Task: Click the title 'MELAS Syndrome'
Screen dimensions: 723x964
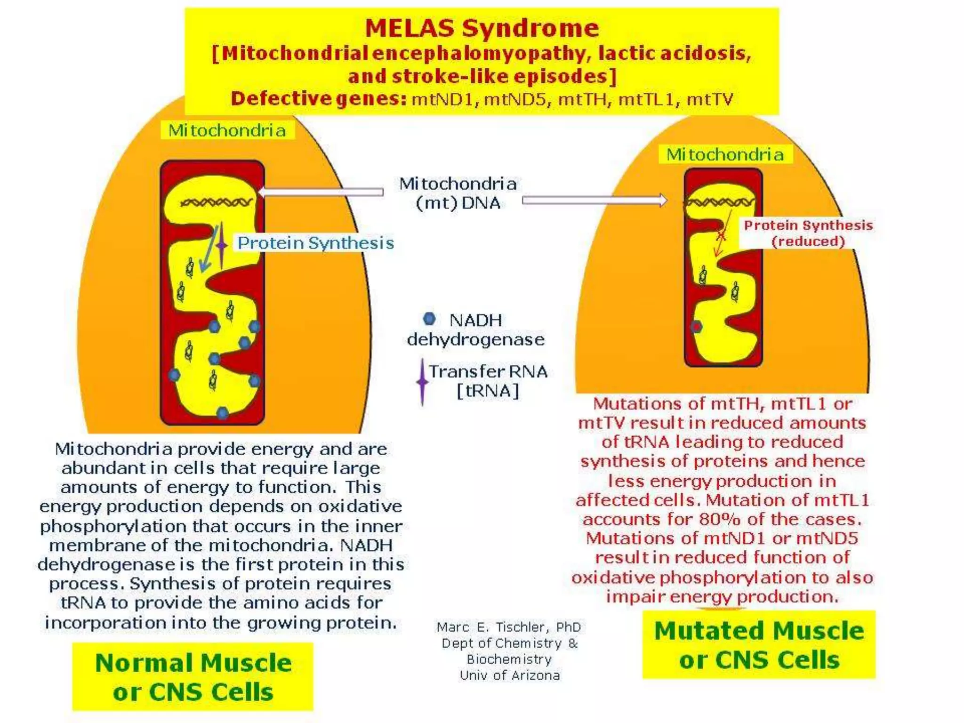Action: [482, 28]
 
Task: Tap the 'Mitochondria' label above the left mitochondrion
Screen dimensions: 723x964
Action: [227, 130]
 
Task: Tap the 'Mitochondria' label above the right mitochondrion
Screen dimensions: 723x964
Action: [725, 154]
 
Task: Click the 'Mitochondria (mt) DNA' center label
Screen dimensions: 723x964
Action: [458, 193]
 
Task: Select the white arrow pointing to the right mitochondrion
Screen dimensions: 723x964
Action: [594, 201]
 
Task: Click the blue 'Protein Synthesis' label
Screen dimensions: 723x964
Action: [315, 243]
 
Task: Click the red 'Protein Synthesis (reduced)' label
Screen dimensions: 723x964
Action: [808, 233]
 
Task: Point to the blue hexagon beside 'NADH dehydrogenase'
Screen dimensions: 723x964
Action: [429, 319]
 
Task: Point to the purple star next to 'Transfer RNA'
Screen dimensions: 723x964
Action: [422, 382]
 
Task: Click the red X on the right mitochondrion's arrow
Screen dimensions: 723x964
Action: [721, 235]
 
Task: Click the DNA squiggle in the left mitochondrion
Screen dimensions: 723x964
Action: [216, 202]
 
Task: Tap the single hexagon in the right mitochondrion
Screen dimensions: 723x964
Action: [697, 327]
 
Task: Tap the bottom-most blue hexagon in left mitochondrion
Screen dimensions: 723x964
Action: [223, 413]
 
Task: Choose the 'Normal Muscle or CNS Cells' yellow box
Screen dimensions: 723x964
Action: [193, 677]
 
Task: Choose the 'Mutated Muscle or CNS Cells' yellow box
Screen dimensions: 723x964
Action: [759, 645]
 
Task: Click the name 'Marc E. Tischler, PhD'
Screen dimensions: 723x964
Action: [508, 627]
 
